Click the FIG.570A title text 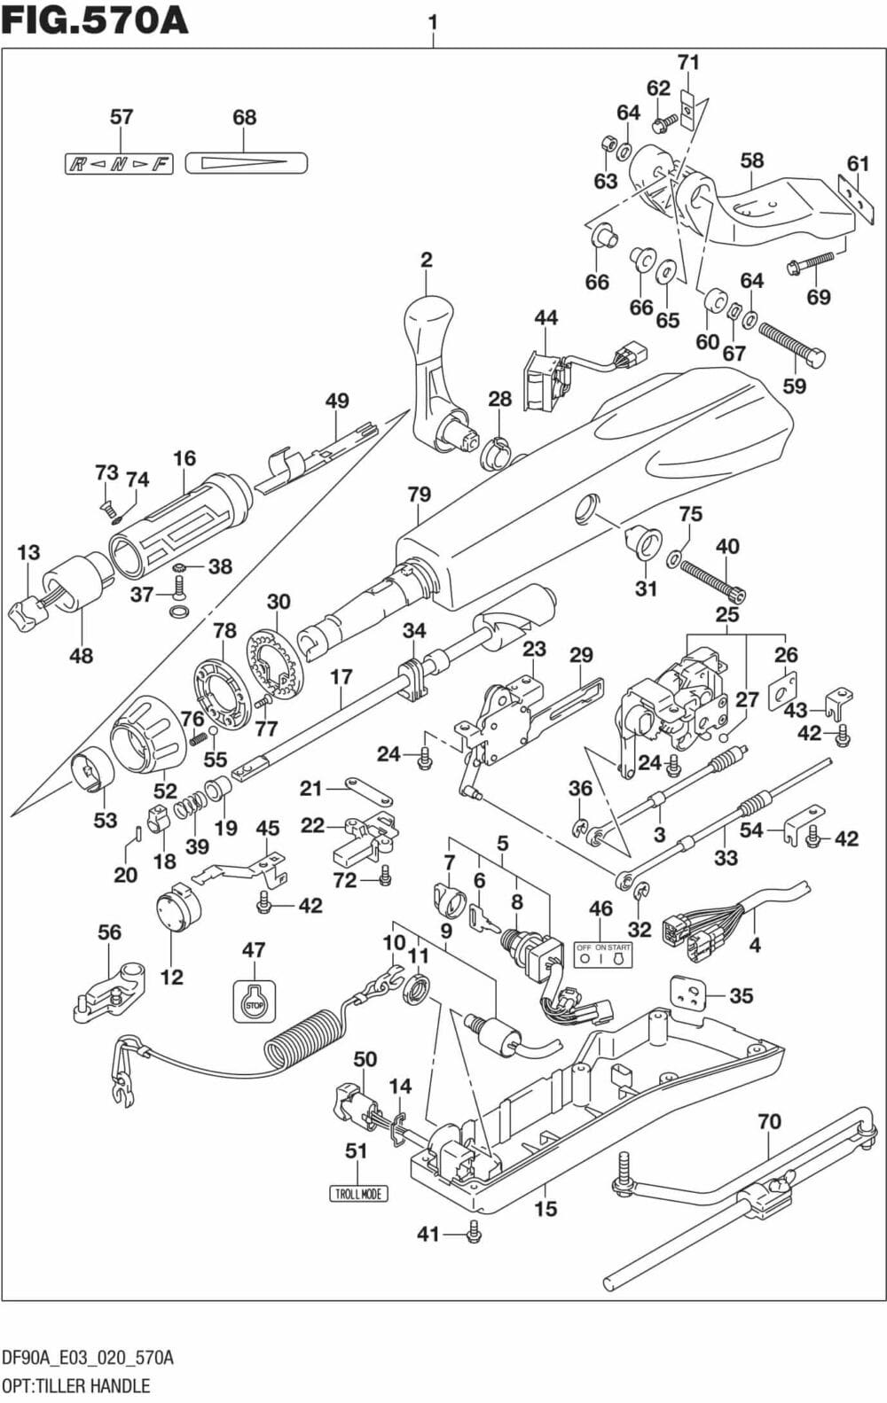95,19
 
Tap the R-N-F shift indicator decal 119,163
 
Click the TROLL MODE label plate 358,1193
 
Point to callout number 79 419,495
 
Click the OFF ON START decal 602,954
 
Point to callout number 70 769,1121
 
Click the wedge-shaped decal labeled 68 246,162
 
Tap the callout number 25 727,614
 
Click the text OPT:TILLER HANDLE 76,1385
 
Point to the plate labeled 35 687,992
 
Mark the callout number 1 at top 432,20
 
